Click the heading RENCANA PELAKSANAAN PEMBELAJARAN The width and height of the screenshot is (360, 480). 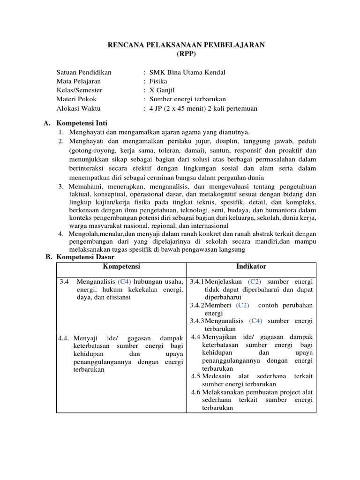pos(187,45)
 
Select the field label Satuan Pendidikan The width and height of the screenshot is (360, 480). pos(84,72)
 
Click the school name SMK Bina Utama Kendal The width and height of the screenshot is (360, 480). pos(187,72)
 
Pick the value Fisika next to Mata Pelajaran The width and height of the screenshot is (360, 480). pos(158,81)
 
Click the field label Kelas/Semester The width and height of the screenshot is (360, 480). pos(79,90)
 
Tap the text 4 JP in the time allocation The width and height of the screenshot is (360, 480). pos(157,109)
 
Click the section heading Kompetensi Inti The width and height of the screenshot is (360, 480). pos(82,123)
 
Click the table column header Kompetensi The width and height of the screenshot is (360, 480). pos(121,267)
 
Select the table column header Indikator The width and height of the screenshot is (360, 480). pos(251,267)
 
